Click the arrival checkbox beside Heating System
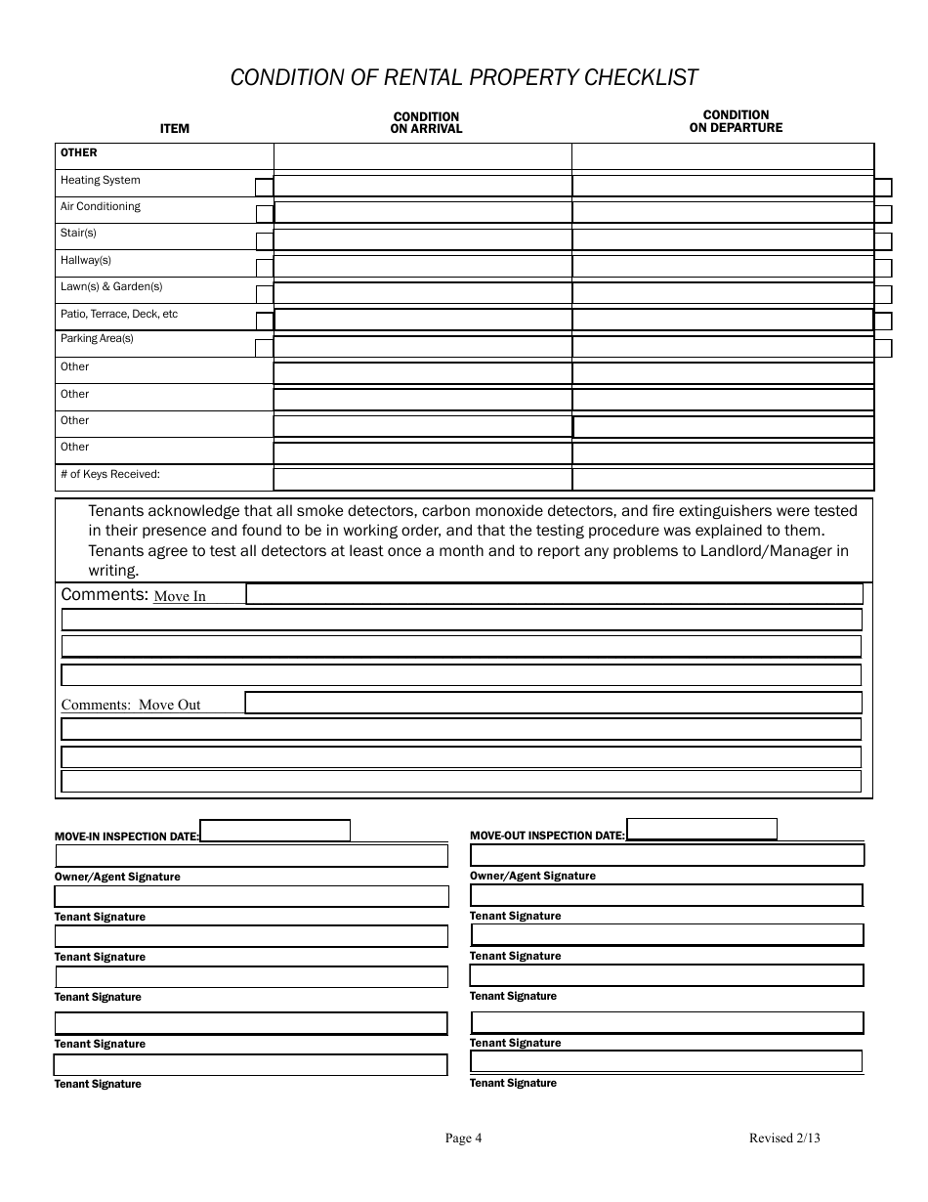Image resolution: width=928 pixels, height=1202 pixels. [x=264, y=188]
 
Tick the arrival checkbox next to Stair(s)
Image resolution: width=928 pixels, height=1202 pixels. [x=264, y=241]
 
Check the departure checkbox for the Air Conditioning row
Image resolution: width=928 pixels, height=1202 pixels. [x=883, y=214]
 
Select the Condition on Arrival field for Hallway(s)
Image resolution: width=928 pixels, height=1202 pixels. [x=422, y=267]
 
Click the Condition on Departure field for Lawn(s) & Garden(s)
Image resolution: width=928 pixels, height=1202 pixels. [x=722, y=293]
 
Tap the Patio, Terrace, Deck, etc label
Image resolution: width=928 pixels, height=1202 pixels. [x=119, y=314]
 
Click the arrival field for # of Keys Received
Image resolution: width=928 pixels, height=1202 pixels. [x=422, y=479]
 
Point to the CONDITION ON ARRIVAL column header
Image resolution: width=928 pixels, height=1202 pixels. [x=426, y=122]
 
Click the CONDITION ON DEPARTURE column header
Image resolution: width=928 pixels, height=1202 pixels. [x=736, y=121]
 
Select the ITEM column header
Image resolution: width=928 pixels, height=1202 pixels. [x=175, y=129]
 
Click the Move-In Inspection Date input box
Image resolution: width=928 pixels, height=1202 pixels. [x=274, y=831]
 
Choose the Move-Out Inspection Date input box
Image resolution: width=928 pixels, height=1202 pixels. [x=701, y=830]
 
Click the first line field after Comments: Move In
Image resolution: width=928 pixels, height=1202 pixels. [x=554, y=594]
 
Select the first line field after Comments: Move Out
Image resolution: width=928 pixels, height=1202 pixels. [x=553, y=703]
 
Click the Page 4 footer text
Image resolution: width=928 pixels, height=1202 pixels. [x=463, y=1138]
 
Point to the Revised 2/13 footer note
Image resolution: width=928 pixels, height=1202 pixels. [x=784, y=1138]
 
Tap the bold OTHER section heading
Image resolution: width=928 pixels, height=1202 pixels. [x=79, y=152]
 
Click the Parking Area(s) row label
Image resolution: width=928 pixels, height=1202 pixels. [x=97, y=339]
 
